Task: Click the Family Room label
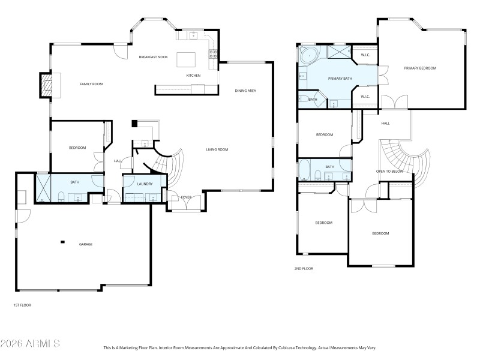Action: point(91,84)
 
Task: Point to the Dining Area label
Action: point(245,91)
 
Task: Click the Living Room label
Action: point(217,149)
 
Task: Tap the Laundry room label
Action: point(144,184)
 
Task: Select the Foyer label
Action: point(186,197)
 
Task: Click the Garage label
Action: point(86,244)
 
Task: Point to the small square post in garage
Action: point(62,242)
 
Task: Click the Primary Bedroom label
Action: point(419,68)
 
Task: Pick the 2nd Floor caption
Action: point(304,268)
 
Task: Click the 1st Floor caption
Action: point(22,305)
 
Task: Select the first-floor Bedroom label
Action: point(77,148)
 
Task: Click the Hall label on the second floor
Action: point(385,123)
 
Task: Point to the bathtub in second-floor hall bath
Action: point(304,170)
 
